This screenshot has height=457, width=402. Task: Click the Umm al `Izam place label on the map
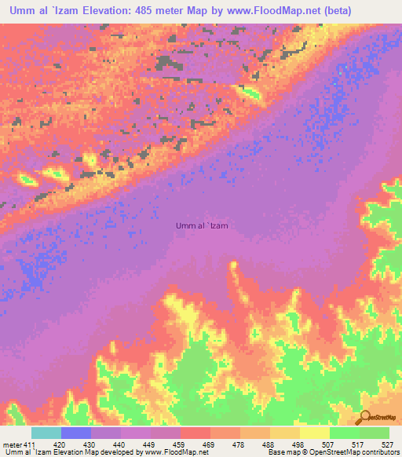click(x=203, y=225)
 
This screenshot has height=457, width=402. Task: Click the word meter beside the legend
click(x=13, y=444)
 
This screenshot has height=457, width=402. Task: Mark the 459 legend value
click(x=180, y=444)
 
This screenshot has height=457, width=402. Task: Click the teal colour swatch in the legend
click(x=46, y=433)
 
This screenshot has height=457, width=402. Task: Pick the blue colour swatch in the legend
click(x=76, y=433)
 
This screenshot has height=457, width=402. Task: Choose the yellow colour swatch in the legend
click(x=315, y=433)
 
